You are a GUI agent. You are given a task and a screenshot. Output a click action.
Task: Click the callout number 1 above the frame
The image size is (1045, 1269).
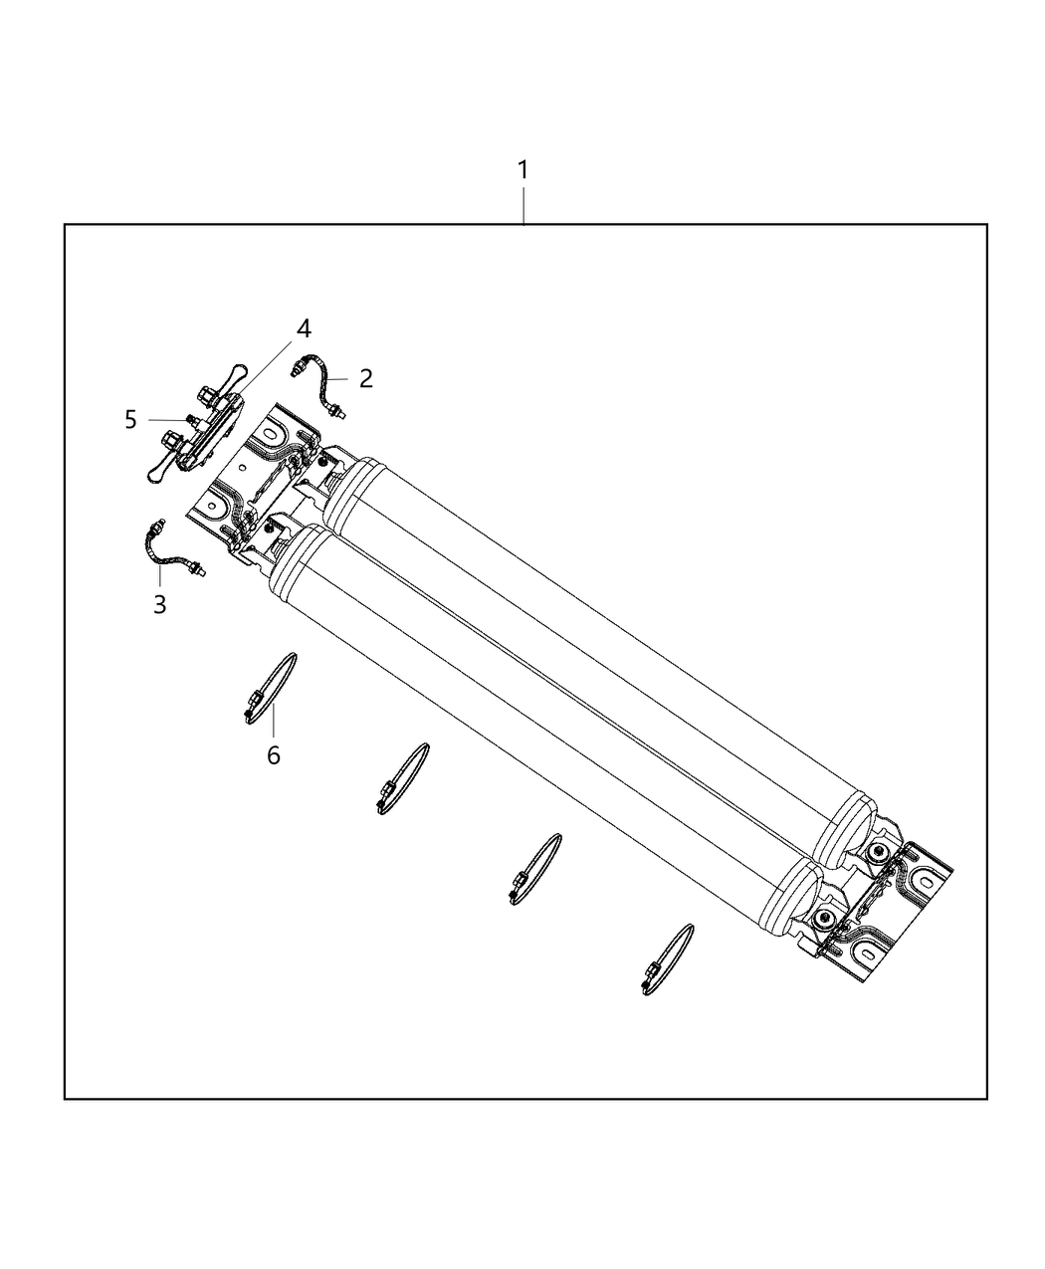pyautogui.click(x=522, y=170)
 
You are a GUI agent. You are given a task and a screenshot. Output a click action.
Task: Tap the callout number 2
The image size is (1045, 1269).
pyautogui.click(x=365, y=378)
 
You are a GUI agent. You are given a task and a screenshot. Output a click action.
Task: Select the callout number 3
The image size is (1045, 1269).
pyautogui.click(x=159, y=605)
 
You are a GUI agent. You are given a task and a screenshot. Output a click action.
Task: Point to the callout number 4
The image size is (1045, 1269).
pyautogui.click(x=304, y=328)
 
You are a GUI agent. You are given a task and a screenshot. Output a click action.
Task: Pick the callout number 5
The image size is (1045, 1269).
pyautogui.click(x=130, y=420)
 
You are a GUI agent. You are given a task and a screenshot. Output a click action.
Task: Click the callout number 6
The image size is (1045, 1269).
pyautogui.click(x=274, y=755)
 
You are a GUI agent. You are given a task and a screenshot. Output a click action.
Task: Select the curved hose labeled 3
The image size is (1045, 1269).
pyautogui.click(x=174, y=548)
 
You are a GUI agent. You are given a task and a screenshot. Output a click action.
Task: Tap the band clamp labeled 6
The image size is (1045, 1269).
pyautogui.click(x=270, y=689)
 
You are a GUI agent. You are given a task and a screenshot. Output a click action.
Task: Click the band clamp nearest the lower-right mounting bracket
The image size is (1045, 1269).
pyautogui.click(x=667, y=959)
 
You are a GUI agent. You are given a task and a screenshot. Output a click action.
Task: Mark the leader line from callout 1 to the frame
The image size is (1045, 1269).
pyautogui.click(x=522, y=205)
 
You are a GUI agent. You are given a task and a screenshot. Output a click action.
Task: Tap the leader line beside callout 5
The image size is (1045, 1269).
pyautogui.click(x=167, y=420)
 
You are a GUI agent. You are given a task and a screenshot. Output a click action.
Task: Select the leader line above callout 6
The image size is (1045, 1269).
pyautogui.click(x=273, y=721)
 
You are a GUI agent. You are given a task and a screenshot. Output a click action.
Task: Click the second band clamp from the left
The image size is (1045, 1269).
pyautogui.click(x=403, y=778)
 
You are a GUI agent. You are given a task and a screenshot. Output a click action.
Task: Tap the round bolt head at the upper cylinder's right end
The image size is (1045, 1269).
pyautogui.click(x=877, y=854)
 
